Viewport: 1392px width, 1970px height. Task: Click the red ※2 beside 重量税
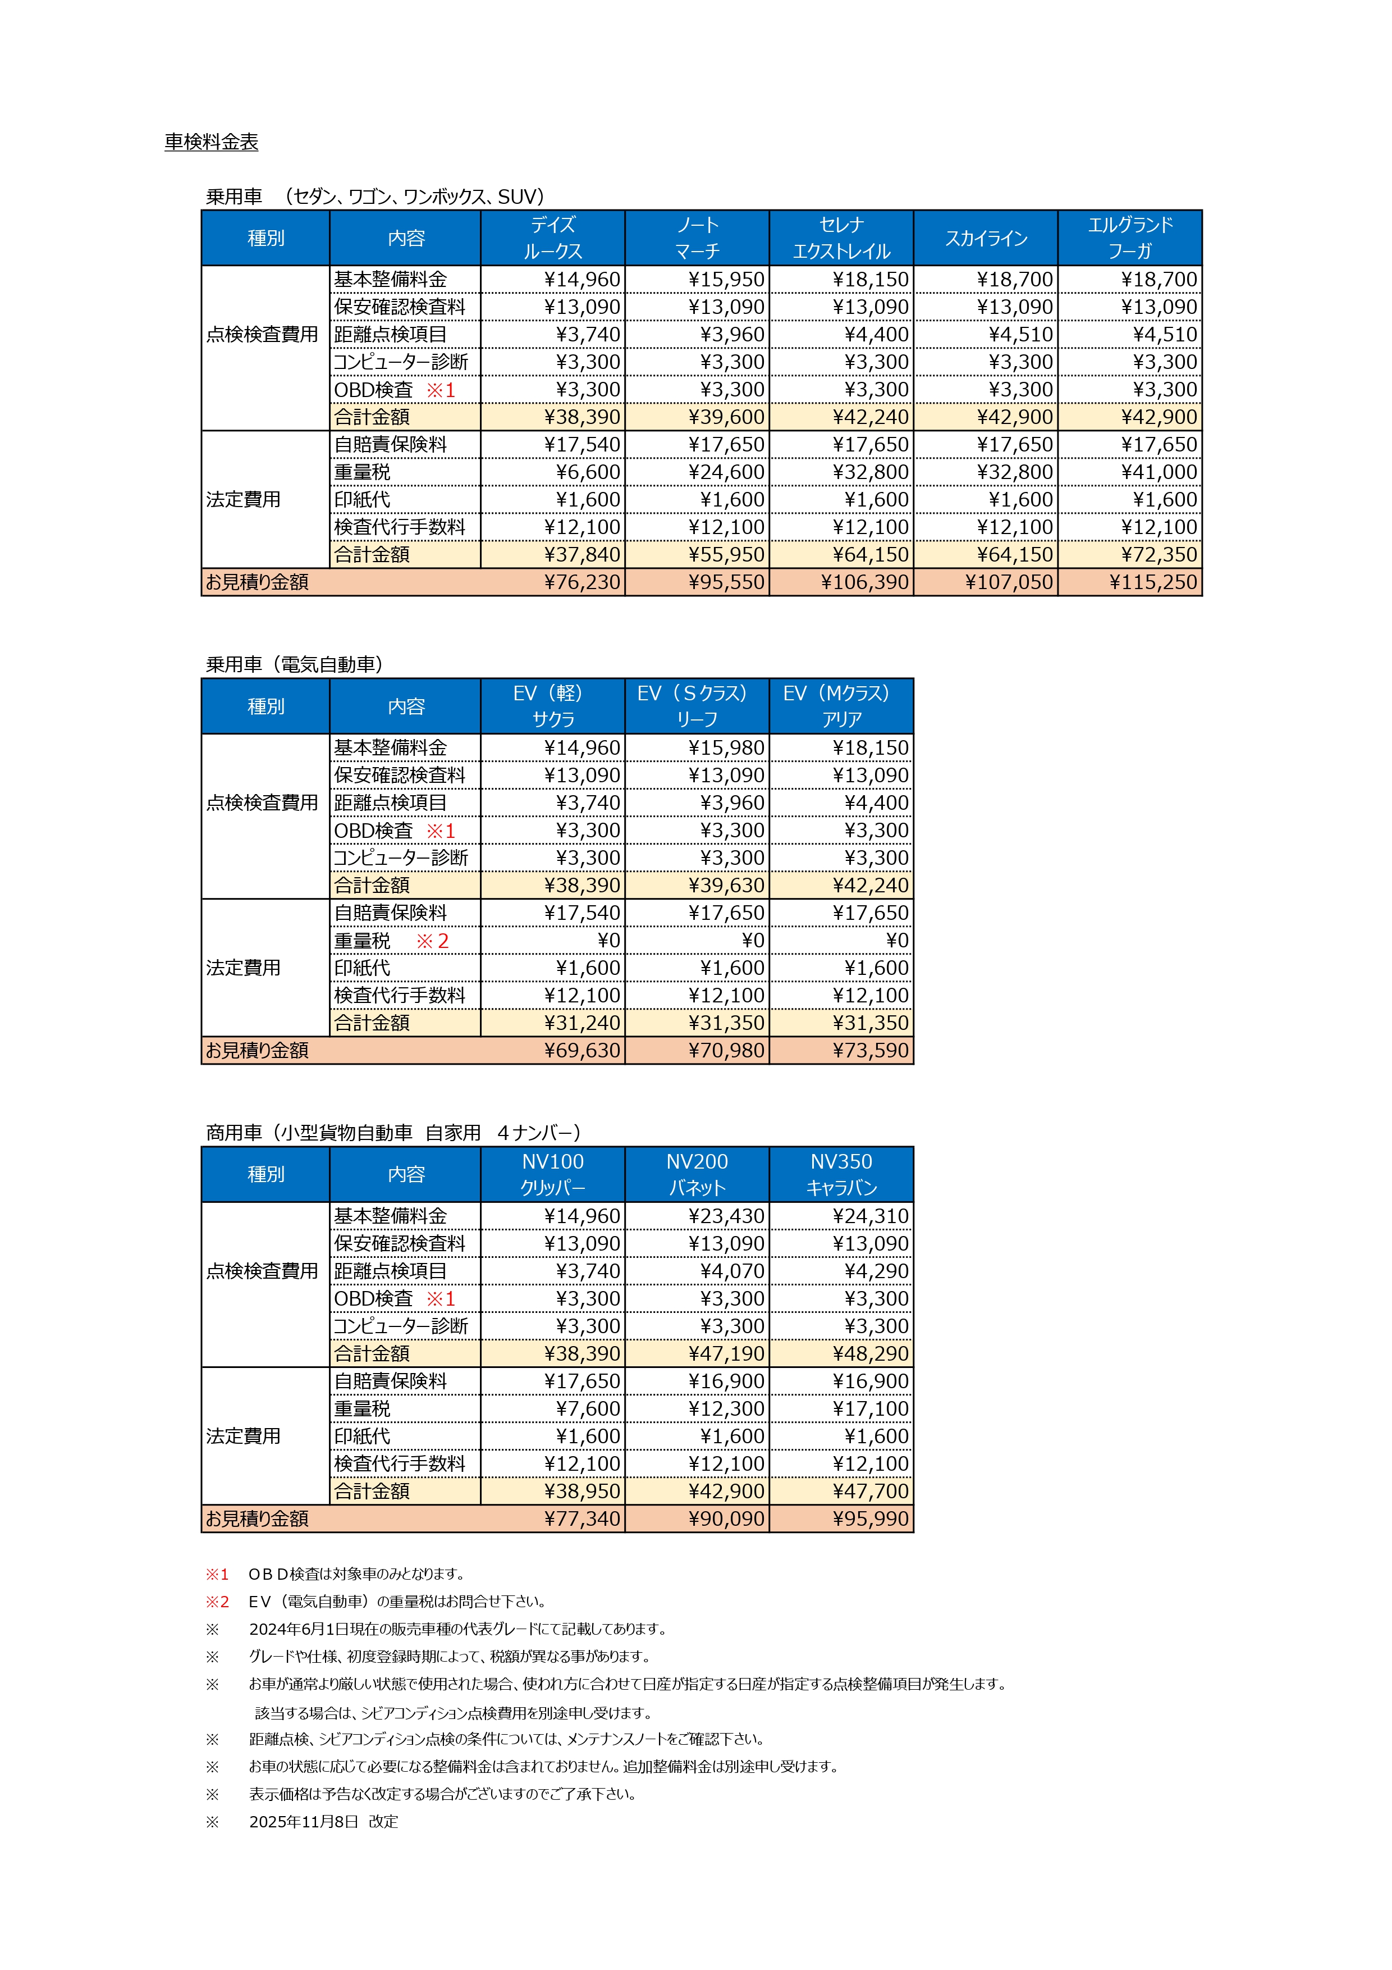(x=432, y=941)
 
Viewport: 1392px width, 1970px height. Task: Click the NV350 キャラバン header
(x=841, y=1175)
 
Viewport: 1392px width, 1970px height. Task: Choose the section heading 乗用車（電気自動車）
(x=294, y=664)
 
